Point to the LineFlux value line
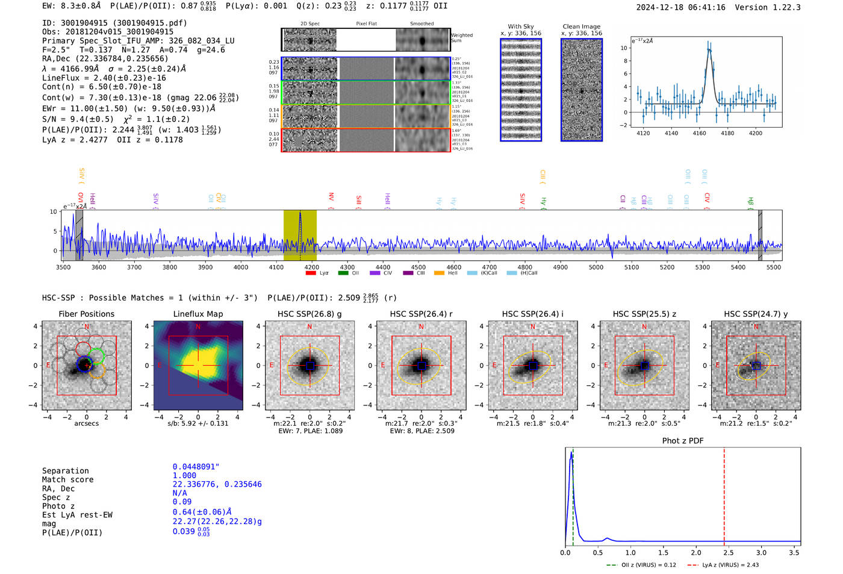(x=104, y=78)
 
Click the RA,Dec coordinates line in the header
(x=105, y=58)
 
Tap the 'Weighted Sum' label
(x=462, y=38)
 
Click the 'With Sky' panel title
(x=520, y=27)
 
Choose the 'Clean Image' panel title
(x=581, y=27)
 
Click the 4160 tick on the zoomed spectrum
(x=699, y=133)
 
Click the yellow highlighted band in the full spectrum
(x=300, y=235)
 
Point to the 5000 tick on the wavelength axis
(x=596, y=267)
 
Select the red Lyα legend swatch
(x=311, y=273)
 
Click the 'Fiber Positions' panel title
(x=86, y=314)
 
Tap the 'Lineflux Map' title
(x=198, y=314)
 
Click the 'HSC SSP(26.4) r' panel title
(x=421, y=314)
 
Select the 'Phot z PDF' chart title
(x=683, y=441)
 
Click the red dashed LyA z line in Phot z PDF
(x=724, y=494)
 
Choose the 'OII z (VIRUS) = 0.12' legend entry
(x=641, y=565)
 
